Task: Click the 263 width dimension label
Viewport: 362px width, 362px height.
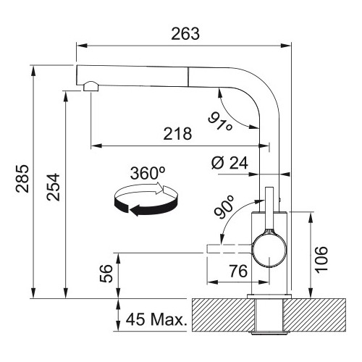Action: click(185, 34)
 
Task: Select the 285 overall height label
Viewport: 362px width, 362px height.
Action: click(22, 179)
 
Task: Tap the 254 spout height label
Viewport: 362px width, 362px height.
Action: click(54, 187)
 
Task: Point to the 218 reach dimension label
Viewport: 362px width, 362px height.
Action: click(177, 134)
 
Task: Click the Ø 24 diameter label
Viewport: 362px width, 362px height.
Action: click(230, 163)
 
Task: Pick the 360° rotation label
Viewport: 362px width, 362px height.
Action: click(148, 173)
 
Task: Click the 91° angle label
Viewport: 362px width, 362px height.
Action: click(220, 122)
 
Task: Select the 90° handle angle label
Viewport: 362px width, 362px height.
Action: click(224, 207)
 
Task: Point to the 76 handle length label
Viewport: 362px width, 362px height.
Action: click(238, 271)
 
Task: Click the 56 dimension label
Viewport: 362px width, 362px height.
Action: click(106, 274)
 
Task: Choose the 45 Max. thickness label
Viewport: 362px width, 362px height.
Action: click(156, 319)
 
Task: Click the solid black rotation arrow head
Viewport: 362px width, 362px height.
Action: click(136, 210)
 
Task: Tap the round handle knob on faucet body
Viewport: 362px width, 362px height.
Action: click(269, 250)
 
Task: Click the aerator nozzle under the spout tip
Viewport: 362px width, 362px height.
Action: click(90, 86)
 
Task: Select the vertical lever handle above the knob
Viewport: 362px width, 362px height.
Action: click(269, 208)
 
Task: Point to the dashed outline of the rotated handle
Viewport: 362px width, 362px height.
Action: click(230, 248)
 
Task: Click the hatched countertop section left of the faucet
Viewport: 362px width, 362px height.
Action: click(223, 315)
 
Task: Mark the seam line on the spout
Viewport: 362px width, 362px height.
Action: click(188, 77)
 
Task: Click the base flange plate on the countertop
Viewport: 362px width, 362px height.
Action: click(269, 296)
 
